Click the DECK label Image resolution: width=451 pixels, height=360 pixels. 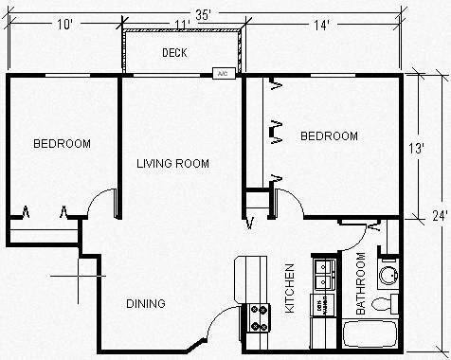click(x=172, y=53)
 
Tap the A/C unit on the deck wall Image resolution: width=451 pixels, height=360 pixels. click(x=223, y=73)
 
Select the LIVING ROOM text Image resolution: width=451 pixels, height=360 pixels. click(x=173, y=163)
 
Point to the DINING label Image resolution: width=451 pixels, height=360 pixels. click(x=146, y=304)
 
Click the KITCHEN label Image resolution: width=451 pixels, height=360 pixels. click(x=289, y=289)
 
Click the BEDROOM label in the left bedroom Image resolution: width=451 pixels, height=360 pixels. click(x=62, y=144)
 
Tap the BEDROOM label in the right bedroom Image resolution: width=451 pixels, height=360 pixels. click(x=329, y=136)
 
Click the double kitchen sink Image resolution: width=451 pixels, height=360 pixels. click(x=324, y=276)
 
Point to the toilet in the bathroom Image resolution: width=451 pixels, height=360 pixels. click(x=385, y=305)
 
